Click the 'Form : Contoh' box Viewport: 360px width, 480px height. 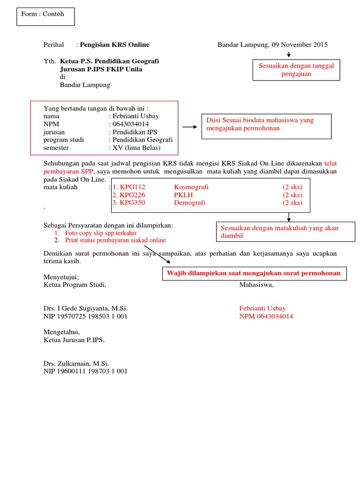pos(45,16)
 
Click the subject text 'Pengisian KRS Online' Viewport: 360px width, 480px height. pos(114,45)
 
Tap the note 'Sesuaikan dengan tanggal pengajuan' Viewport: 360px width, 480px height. pos(296,70)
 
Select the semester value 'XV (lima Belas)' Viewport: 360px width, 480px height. pos(136,148)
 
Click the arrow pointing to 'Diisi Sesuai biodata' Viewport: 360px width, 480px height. pos(190,127)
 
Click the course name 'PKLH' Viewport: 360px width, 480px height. pos(183,195)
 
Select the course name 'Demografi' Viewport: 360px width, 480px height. pos(189,203)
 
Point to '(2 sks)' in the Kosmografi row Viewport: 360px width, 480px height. pos(292,187)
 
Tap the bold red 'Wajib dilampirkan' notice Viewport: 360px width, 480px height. pos(255,273)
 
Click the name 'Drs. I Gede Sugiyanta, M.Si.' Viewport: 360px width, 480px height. pos(85,308)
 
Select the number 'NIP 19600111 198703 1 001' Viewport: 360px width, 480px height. pos(85,371)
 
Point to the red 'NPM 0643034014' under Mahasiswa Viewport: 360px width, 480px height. pos(266,316)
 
